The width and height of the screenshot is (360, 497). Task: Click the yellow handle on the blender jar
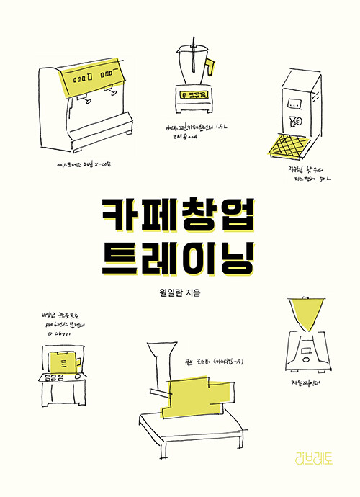tap(210, 67)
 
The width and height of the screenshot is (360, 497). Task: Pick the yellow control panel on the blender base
tap(192, 94)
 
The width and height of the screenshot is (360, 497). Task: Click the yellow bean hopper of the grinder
tap(307, 313)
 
